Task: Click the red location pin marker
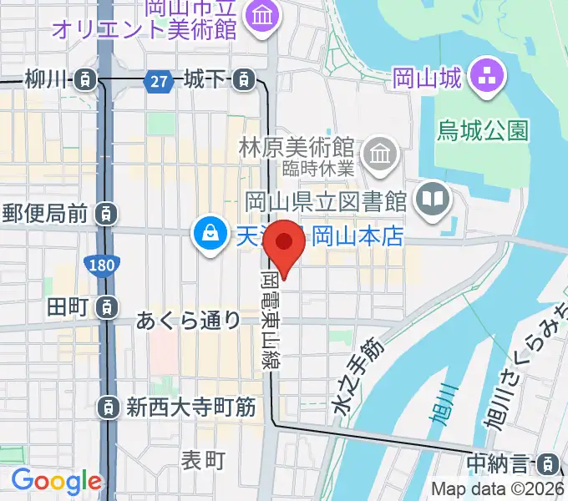tap(284, 243)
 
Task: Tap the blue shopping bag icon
tap(205, 233)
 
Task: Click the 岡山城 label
tap(426, 80)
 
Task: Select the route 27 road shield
tap(157, 81)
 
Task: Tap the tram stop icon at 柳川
tap(84, 80)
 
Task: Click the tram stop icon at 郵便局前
tap(106, 214)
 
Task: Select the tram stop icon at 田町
tap(106, 307)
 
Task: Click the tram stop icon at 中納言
tap(548, 462)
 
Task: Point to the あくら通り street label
tap(189, 320)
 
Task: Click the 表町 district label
tap(204, 458)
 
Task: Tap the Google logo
tap(56, 481)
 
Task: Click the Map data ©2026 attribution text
tap(496, 489)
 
